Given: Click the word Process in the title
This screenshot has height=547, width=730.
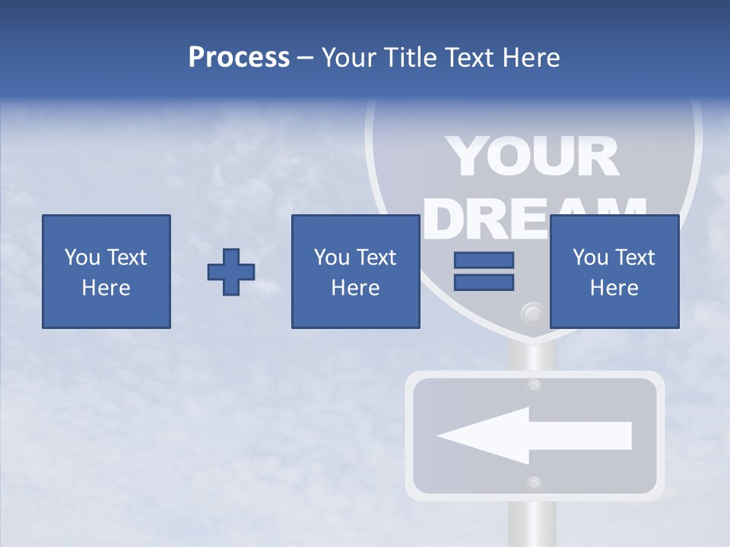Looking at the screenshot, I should pyautogui.click(x=239, y=58).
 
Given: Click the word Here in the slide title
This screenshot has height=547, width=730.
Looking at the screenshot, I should pyautogui.click(x=533, y=58).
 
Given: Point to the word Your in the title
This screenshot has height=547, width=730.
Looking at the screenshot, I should pyautogui.click(x=346, y=58).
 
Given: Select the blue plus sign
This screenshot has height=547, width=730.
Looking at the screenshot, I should pyautogui.click(x=231, y=272).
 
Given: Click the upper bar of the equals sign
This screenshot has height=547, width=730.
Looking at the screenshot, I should pyautogui.click(x=484, y=260).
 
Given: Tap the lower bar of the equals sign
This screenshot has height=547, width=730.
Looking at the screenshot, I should pyautogui.click(x=484, y=282).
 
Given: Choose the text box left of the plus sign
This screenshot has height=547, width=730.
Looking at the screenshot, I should pyautogui.click(x=106, y=271).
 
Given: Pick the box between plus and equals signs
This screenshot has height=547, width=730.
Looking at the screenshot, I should pyautogui.click(x=355, y=271).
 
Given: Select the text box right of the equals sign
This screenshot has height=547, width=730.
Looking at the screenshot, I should pyautogui.click(x=614, y=271).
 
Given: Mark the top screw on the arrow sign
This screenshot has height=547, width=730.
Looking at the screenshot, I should pyautogui.click(x=534, y=386).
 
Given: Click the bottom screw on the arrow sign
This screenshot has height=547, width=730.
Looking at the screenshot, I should pyautogui.click(x=534, y=482).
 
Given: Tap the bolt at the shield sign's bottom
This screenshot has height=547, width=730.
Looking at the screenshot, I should pyautogui.click(x=532, y=313).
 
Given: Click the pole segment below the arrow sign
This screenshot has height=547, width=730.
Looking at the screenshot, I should pyautogui.click(x=534, y=524).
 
